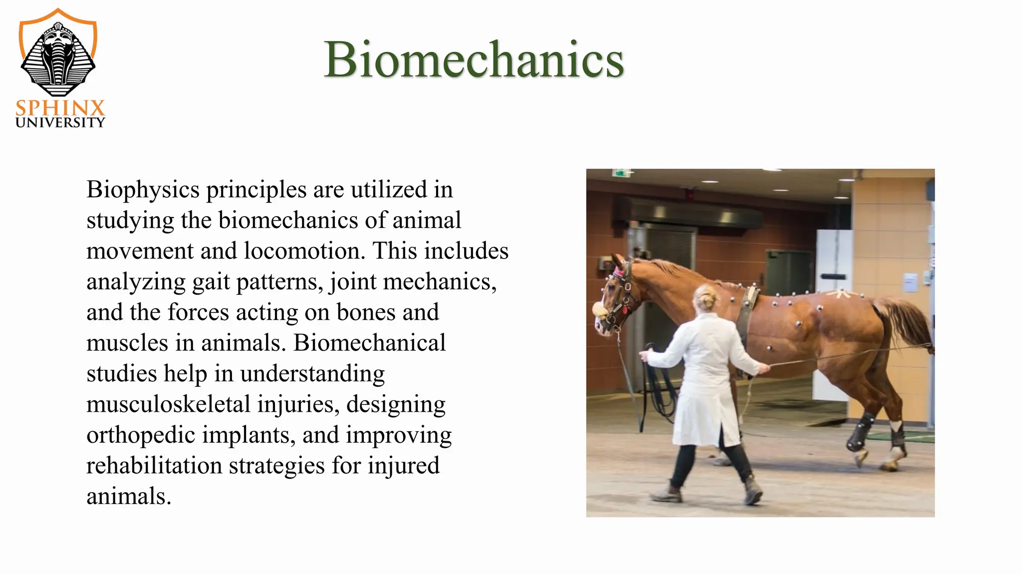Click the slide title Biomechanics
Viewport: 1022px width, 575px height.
click(x=474, y=59)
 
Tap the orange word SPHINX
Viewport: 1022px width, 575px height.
click(x=60, y=108)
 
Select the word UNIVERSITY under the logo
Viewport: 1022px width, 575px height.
click(x=60, y=123)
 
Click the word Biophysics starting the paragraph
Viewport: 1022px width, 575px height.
click(x=143, y=190)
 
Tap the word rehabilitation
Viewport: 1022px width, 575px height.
click(x=154, y=466)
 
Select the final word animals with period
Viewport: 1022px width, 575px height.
click(x=129, y=497)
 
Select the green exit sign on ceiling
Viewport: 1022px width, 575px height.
click(x=621, y=173)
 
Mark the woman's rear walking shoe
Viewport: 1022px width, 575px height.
click(x=666, y=494)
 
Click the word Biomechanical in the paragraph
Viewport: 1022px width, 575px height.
click(x=369, y=343)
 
